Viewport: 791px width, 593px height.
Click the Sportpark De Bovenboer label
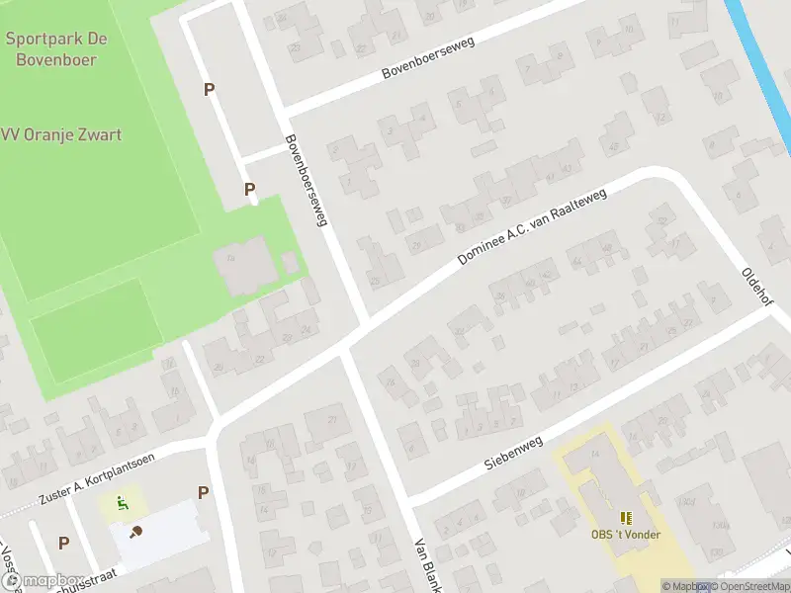coord(56,48)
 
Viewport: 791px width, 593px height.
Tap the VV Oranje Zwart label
coord(61,134)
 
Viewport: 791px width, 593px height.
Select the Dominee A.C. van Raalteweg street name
coord(531,227)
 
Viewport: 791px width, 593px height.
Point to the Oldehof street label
coord(758,285)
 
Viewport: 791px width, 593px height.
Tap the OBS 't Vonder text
coord(625,535)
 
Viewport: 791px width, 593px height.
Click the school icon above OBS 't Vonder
coord(625,517)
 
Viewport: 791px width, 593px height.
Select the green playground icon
coord(122,503)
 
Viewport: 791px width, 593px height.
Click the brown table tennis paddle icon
coord(135,532)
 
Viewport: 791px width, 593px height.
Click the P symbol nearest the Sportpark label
coord(209,90)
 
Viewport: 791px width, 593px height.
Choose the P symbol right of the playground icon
coord(203,492)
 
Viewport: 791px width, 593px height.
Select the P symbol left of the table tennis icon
coord(63,543)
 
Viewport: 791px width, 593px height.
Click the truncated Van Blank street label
coord(426,564)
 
